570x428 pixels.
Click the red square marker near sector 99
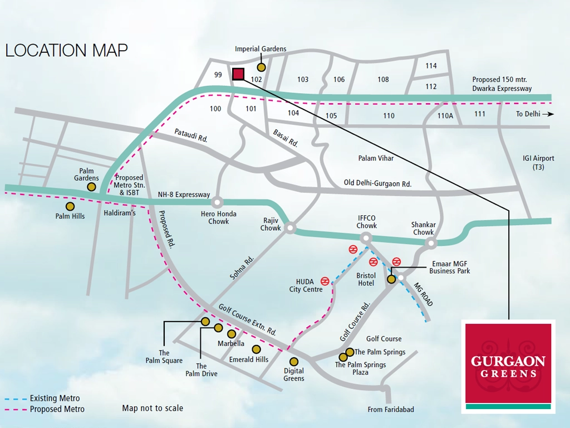[238, 74]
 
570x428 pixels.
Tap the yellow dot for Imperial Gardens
[261, 67]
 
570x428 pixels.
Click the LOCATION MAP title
[66, 50]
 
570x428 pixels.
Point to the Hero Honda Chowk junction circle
[217, 202]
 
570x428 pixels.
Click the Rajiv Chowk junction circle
[289, 227]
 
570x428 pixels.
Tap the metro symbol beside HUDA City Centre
[326, 281]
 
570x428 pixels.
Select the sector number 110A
[445, 116]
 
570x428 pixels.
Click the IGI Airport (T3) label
[538, 163]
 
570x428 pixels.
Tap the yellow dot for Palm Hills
[70, 206]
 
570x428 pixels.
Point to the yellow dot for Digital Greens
[294, 361]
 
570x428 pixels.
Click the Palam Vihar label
[376, 158]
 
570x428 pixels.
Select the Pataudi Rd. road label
[191, 136]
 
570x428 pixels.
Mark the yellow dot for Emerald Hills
[256, 349]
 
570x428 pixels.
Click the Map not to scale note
[153, 408]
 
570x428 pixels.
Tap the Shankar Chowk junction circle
[430, 243]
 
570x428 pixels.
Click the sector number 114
[431, 66]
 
